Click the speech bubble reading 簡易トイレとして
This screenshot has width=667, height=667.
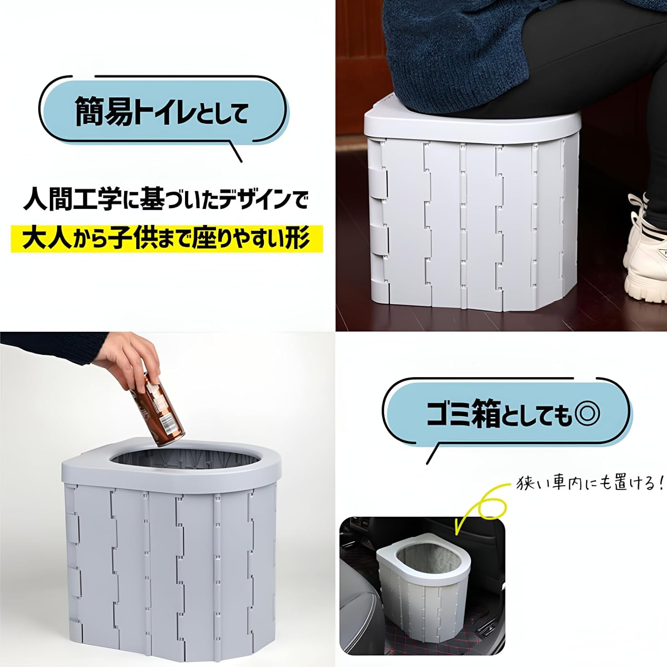[163, 111]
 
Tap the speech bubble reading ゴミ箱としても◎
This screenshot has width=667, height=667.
[507, 413]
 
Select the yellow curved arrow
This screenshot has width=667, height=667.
[482, 507]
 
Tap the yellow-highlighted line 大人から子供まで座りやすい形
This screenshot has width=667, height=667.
[166, 239]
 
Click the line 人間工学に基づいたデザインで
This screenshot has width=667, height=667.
[165, 200]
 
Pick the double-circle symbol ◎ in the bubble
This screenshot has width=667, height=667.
[587, 414]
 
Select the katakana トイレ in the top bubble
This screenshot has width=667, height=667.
[165, 112]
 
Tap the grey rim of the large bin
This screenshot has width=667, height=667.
[89, 467]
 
